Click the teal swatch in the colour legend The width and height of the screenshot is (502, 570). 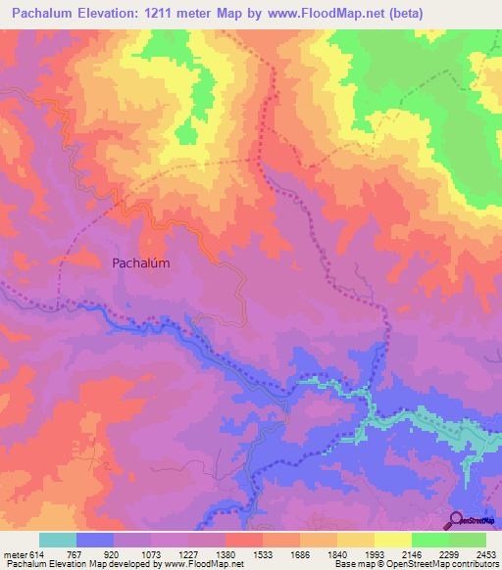tap(58, 541)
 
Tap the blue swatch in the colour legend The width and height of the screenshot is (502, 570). tap(95, 541)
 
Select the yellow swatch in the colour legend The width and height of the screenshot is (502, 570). tap(392, 541)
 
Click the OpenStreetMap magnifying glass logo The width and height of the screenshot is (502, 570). tap(457, 520)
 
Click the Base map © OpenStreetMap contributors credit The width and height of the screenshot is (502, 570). tap(416, 564)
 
